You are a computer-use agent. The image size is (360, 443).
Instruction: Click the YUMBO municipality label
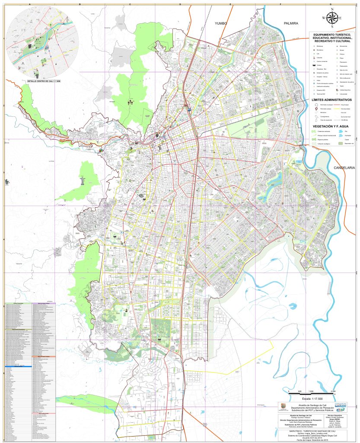pos(219,23)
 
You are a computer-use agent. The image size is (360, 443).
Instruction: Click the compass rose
pos(332,18)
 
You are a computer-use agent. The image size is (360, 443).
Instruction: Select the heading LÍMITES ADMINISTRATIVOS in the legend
pos(332,100)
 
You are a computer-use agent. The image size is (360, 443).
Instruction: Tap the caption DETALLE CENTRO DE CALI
pos(44,81)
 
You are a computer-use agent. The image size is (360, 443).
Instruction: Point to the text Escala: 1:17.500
pos(312,398)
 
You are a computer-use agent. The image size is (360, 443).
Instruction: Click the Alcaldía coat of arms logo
pos(284,407)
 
